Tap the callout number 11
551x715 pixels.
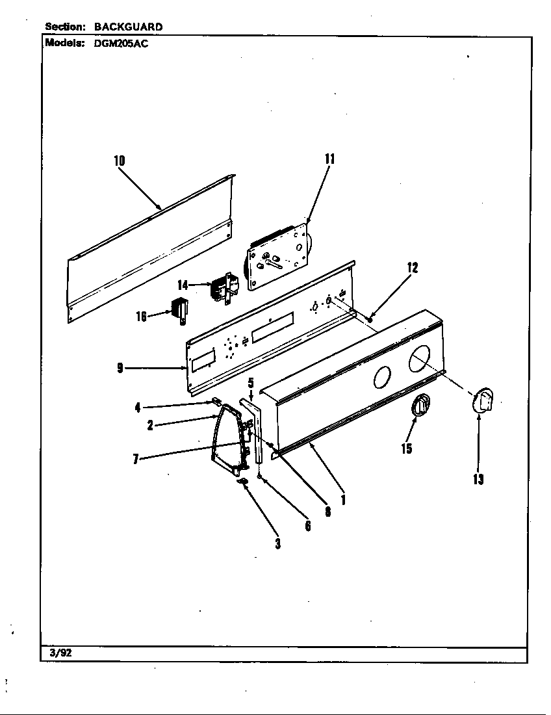[x=329, y=159]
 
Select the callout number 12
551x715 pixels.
[x=412, y=267]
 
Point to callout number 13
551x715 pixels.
[x=478, y=480]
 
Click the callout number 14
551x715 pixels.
[x=183, y=285]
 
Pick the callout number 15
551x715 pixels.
[x=407, y=448]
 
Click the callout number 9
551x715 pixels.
[x=120, y=368]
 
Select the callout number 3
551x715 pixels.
[x=277, y=543]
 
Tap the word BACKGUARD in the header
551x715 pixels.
[x=128, y=27]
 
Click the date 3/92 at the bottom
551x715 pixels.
[x=60, y=653]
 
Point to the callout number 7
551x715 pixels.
[x=135, y=459]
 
